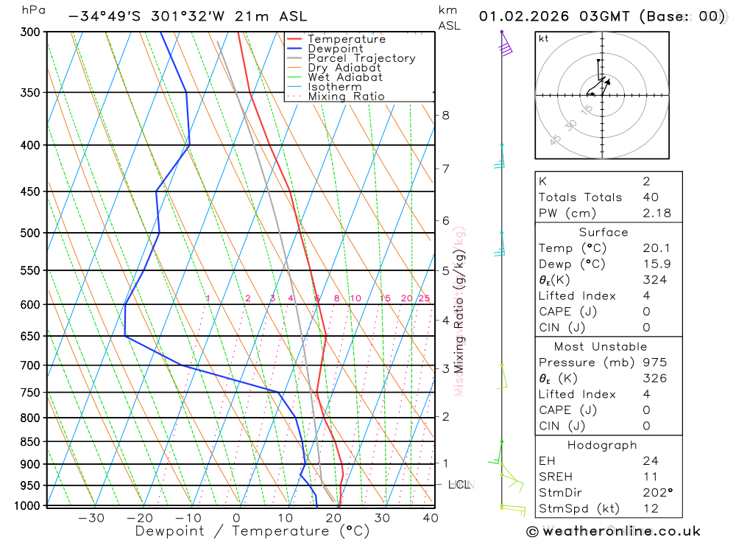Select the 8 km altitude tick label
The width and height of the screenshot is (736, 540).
pos(446,115)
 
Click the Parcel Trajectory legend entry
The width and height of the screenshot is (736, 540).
pos(361,58)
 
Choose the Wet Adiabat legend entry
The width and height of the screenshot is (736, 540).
pos(345,77)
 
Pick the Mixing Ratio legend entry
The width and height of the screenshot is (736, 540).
pos(346,97)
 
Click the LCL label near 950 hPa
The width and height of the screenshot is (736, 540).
pos(459,485)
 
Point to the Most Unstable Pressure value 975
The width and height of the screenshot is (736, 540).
pos(654,362)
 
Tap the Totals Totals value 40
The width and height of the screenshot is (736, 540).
pos(651,197)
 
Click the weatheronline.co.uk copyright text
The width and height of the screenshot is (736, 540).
pos(613,531)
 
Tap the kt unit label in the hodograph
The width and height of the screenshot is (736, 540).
pos(544,38)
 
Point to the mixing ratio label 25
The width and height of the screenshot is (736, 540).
pos(424,298)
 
